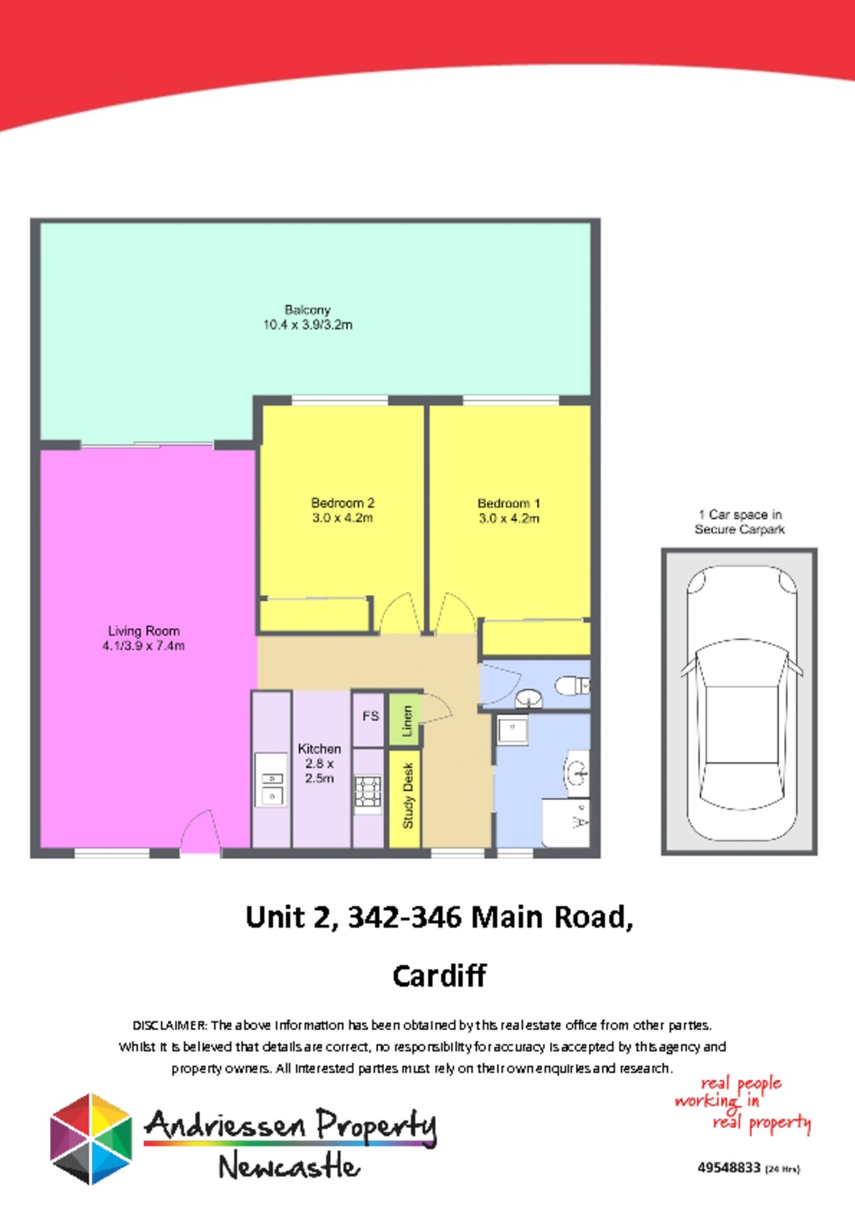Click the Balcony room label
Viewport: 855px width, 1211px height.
[x=307, y=310]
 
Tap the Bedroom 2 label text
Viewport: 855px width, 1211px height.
[x=343, y=503]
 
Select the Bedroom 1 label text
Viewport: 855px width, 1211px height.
[x=509, y=503]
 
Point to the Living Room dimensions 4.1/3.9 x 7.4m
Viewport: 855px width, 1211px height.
[x=144, y=646]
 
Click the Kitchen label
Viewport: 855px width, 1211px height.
[x=319, y=749]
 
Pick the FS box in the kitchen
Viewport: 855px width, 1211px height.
[x=370, y=716]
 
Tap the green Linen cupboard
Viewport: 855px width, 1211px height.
[x=407, y=721]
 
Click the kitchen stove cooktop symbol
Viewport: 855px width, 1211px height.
[x=368, y=792]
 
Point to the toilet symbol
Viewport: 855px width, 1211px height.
[x=571, y=685]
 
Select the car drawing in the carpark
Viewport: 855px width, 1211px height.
[x=740, y=702]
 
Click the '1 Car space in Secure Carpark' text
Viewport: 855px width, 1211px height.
[x=740, y=522]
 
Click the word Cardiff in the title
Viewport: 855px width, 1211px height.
[x=439, y=976]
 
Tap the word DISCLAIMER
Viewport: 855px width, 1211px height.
[x=169, y=1025]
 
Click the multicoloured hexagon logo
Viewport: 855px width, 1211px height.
[x=91, y=1139]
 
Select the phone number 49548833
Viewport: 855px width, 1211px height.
[x=728, y=1167]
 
